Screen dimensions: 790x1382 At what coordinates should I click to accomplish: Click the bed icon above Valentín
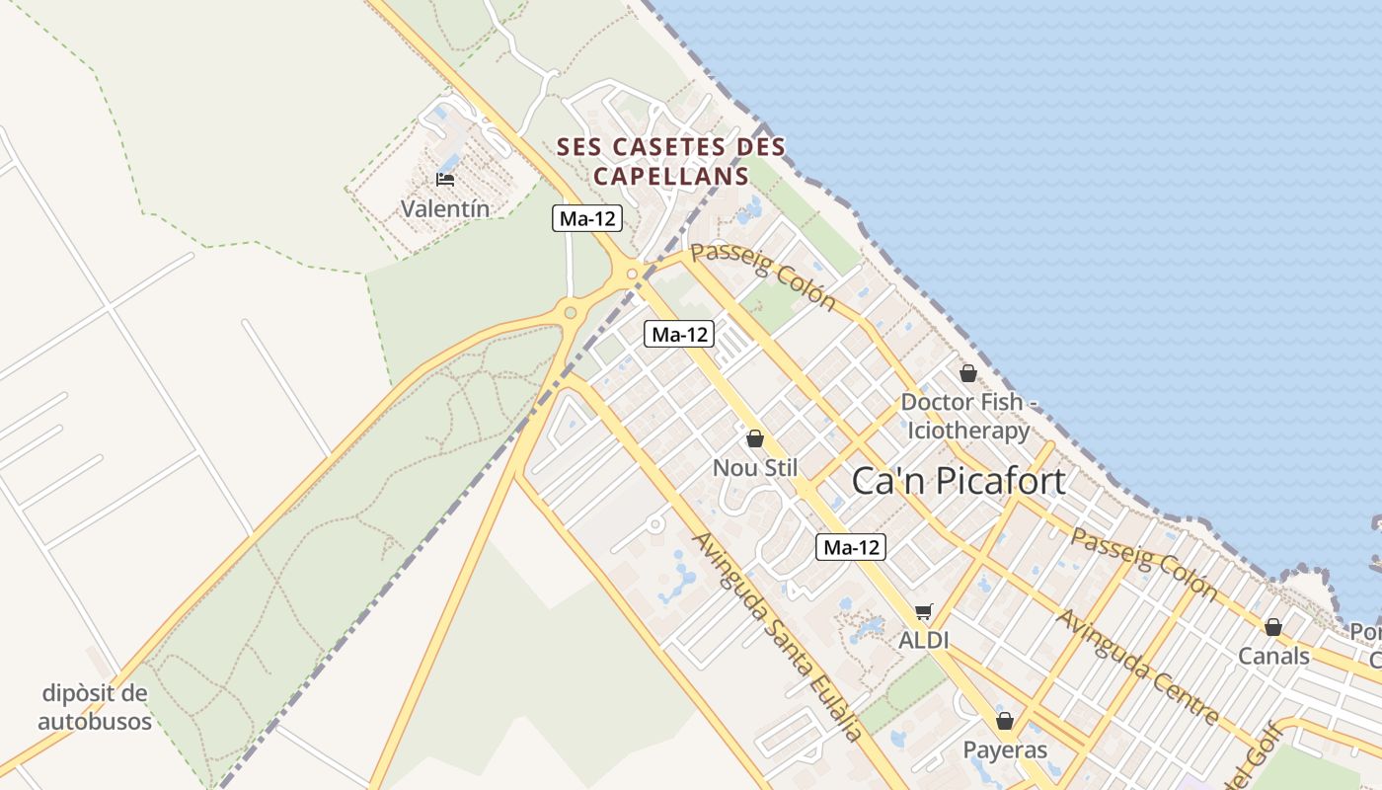click(445, 180)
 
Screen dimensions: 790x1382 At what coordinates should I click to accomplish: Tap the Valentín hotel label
click(445, 208)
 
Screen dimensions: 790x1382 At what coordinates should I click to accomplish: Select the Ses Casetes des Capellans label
click(671, 162)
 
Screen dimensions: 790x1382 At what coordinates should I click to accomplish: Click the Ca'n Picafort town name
click(959, 481)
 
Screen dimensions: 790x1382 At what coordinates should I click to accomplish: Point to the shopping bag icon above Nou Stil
click(755, 438)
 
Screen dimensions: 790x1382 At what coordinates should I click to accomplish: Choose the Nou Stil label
click(755, 467)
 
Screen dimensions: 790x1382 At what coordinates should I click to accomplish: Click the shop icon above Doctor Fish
click(967, 373)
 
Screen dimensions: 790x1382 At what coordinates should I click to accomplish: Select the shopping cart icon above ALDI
click(923, 612)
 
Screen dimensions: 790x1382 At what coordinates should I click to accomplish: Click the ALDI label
click(923, 640)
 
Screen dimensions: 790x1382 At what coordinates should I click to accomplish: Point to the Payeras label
click(1005, 750)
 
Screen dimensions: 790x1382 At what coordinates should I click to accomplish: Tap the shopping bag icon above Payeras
click(1005, 722)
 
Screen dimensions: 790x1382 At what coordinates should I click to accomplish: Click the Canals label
click(1273, 656)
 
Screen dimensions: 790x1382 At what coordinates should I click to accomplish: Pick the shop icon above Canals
click(1273, 627)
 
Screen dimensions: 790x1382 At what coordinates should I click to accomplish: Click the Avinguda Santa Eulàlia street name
click(777, 637)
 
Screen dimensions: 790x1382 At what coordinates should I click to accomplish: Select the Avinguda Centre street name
click(1137, 666)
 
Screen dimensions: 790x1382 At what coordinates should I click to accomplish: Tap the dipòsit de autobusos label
click(95, 707)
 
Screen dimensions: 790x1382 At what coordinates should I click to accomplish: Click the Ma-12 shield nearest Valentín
click(587, 219)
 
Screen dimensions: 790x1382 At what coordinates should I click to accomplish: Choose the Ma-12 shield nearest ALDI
click(851, 547)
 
